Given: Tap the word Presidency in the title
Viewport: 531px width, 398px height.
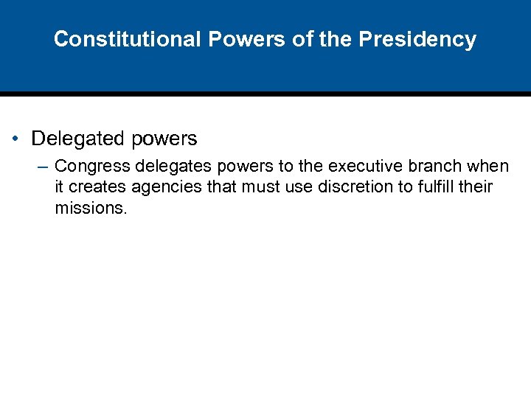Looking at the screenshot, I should (417, 39).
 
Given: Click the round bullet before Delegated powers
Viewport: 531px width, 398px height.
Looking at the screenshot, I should (16, 139).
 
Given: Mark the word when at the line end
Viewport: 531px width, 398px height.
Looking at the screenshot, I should (490, 167).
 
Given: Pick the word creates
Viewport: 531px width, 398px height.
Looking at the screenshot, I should (96, 187).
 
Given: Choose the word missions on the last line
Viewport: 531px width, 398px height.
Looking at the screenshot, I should (90, 208).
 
